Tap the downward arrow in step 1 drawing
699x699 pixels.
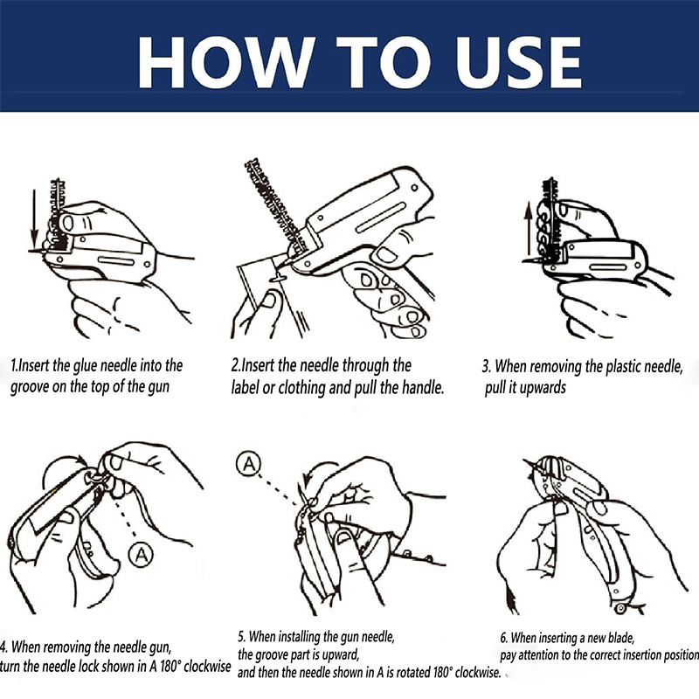[x=34, y=219]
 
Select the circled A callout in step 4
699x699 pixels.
[x=142, y=555]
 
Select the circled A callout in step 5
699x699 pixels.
[x=248, y=464]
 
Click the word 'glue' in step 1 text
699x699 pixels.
[x=86, y=366]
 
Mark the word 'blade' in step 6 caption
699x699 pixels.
[x=620, y=638]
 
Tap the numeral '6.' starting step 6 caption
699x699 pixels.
[x=504, y=638]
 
